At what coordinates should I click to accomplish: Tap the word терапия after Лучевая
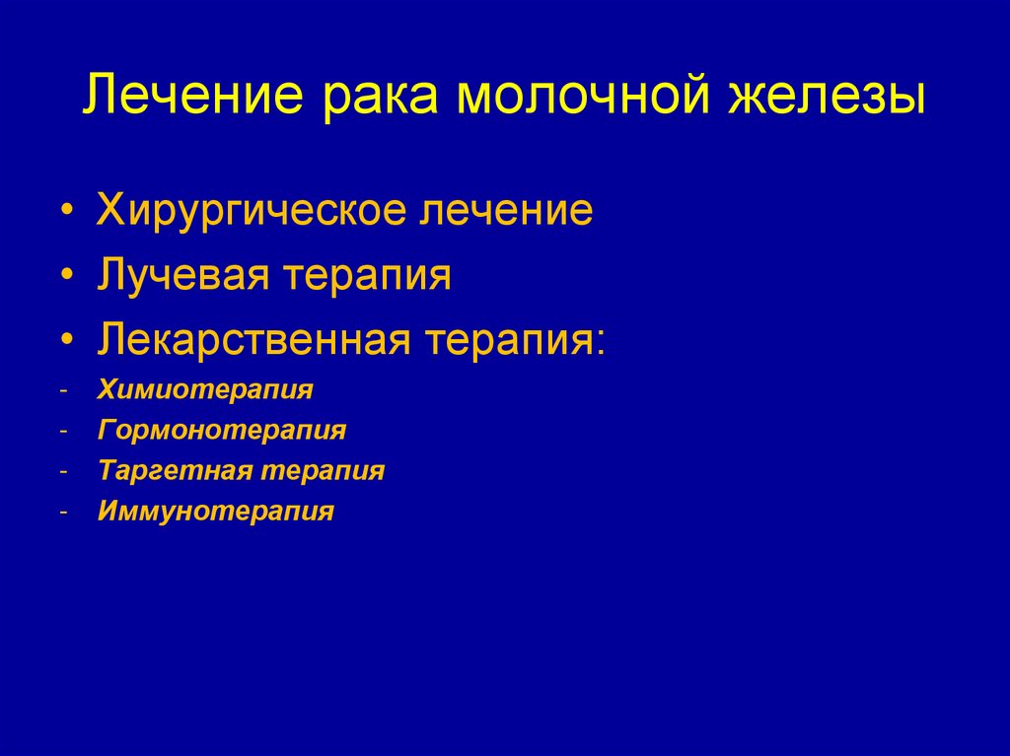point(367,278)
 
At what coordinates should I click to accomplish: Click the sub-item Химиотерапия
point(205,390)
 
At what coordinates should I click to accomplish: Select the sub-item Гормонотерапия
point(222,431)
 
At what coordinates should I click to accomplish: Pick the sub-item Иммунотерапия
point(216,512)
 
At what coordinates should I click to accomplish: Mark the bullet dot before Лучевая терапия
point(66,278)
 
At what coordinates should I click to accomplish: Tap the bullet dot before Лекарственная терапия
point(66,342)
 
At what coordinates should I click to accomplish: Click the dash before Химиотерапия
point(63,392)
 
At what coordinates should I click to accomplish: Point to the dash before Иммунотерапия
point(63,513)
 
